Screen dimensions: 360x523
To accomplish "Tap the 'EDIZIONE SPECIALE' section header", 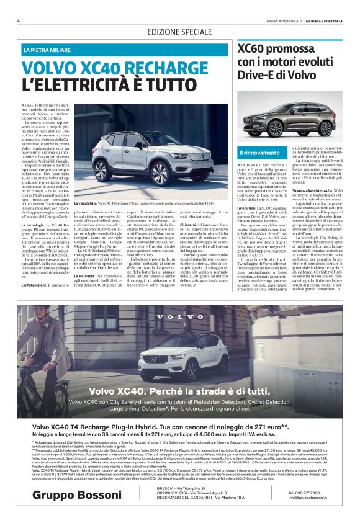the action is click(x=180, y=31).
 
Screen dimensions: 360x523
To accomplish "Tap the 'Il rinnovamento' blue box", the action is click(x=259, y=152).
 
